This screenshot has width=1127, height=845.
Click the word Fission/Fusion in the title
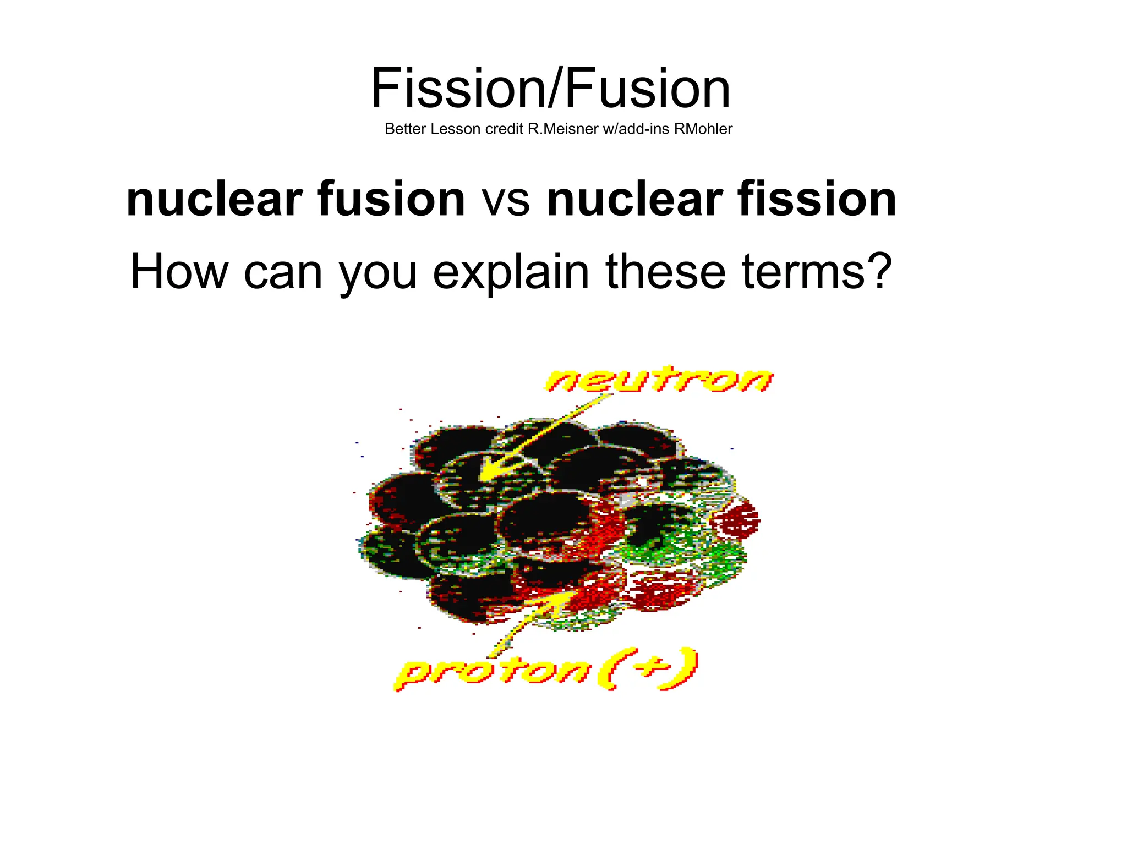point(550,88)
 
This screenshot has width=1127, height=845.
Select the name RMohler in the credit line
point(703,129)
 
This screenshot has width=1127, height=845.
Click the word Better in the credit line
point(406,129)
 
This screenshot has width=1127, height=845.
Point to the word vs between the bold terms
point(506,199)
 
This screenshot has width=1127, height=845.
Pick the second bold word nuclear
point(634,199)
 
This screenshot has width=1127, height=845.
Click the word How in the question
point(179,271)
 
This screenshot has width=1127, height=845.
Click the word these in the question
point(665,271)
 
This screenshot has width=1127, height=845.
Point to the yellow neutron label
point(659,380)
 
